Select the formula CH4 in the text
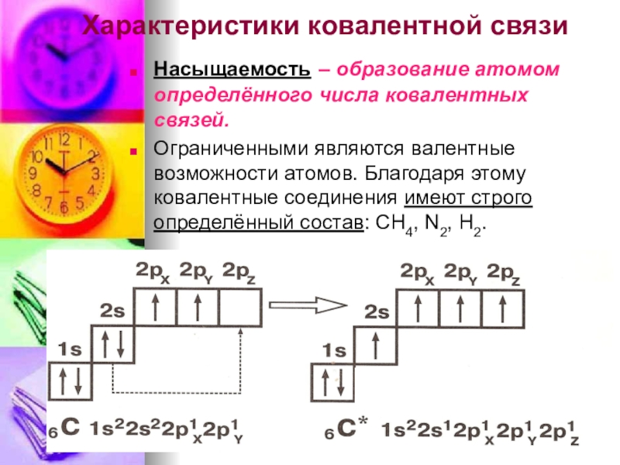pos(391,223)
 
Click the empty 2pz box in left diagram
pos(239,308)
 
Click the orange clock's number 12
pos(64,140)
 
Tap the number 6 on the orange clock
pos(64,208)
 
